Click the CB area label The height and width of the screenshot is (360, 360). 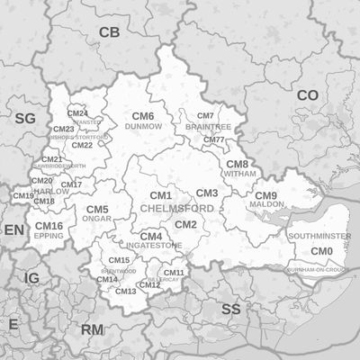pyautogui.click(x=109, y=33)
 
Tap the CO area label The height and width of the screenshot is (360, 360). pyautogui.click(x=308, y=94)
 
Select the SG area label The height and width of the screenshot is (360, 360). pyautogui.click(x=24, y=118)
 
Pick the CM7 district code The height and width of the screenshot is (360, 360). pyautogui.click(x=205, y=116)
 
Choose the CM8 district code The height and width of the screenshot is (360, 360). pyautogui.click(x=237, y=164)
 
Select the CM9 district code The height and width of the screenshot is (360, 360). pyautogui.click(x=266, y=195)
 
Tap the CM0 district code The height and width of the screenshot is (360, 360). pyautogui.click(x=321, y=250)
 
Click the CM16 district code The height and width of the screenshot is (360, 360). pyautogui.click(x=49, y=226)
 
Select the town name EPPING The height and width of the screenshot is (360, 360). pyautogui.click(x=49, y=236)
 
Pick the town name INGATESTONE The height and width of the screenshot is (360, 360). pyautogui.click(x=154, y=245)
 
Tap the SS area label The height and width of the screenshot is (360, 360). pyautogui.click(x=231, y=309)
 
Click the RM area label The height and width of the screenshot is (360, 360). pyautogui.click(x=93, y=330)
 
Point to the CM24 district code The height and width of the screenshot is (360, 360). pyautogui.click(x=77, y=113)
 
